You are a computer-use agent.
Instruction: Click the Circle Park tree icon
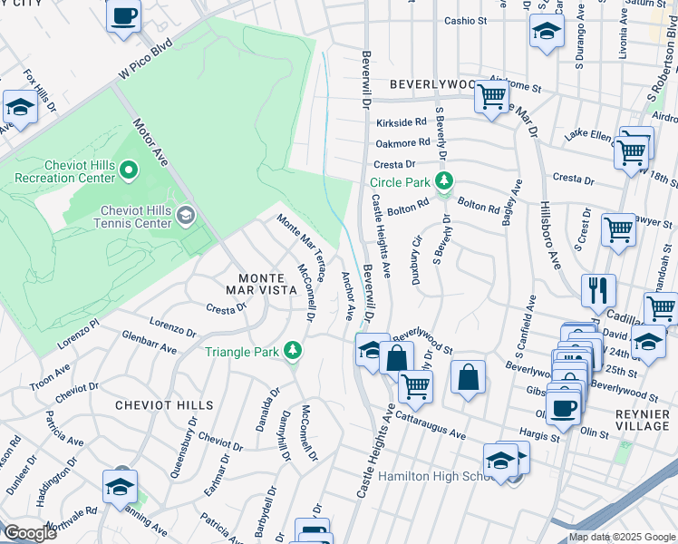click(x=443, y=181)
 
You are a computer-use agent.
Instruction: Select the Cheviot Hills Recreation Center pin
click(x=129, y=169)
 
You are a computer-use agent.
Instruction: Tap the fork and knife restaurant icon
click(x=597, y=290)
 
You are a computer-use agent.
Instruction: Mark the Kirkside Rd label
click(x=402, y=121)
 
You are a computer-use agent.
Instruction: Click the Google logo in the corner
click(x=30, y=533)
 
